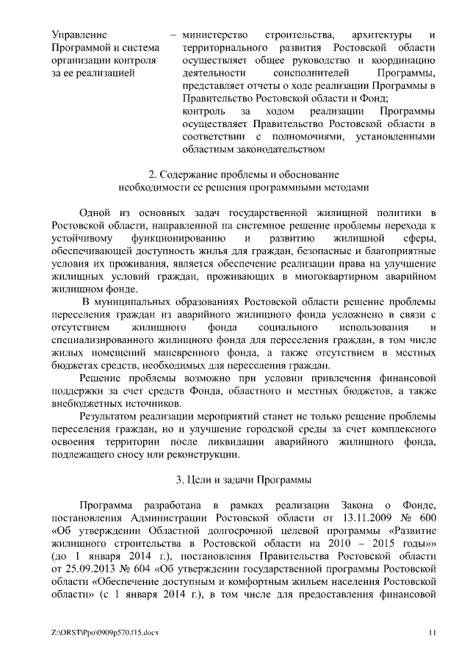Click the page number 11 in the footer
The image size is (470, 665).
(433, 632)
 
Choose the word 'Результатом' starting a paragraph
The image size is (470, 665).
(109, 417)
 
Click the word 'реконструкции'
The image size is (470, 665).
(204, 454)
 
